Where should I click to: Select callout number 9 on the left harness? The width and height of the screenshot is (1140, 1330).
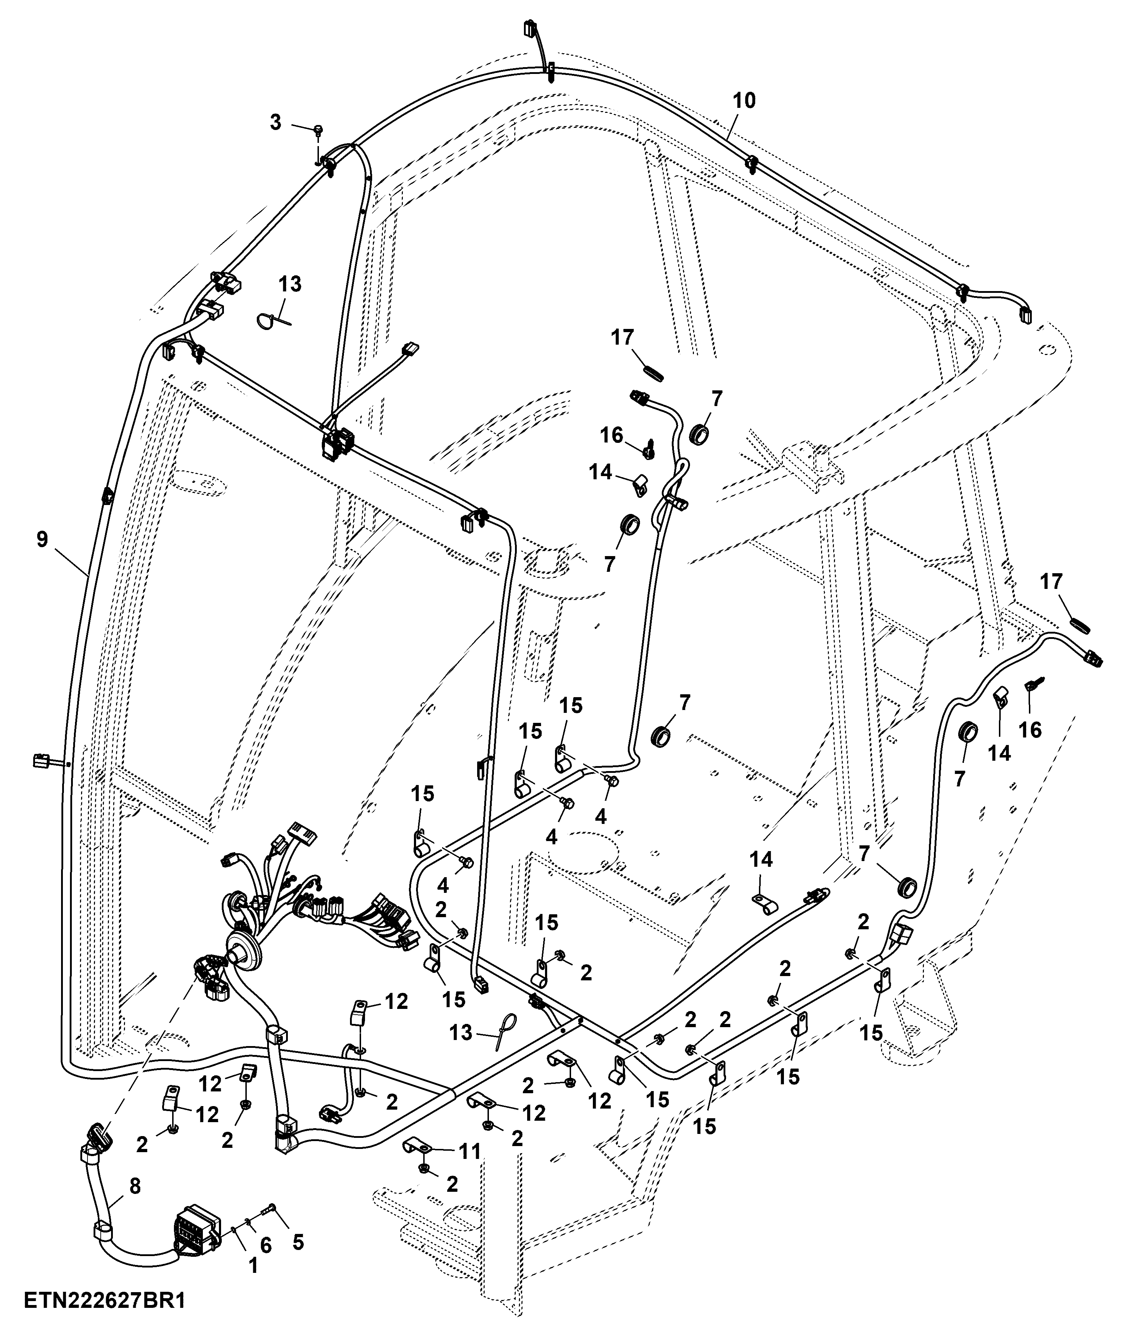tap(42, 539)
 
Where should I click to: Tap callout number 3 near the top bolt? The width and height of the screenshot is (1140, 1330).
tap(275, 122)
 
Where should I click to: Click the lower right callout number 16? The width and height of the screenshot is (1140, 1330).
tap(1030, 730)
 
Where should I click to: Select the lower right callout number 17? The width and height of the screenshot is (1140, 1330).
tap(1051, 581)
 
